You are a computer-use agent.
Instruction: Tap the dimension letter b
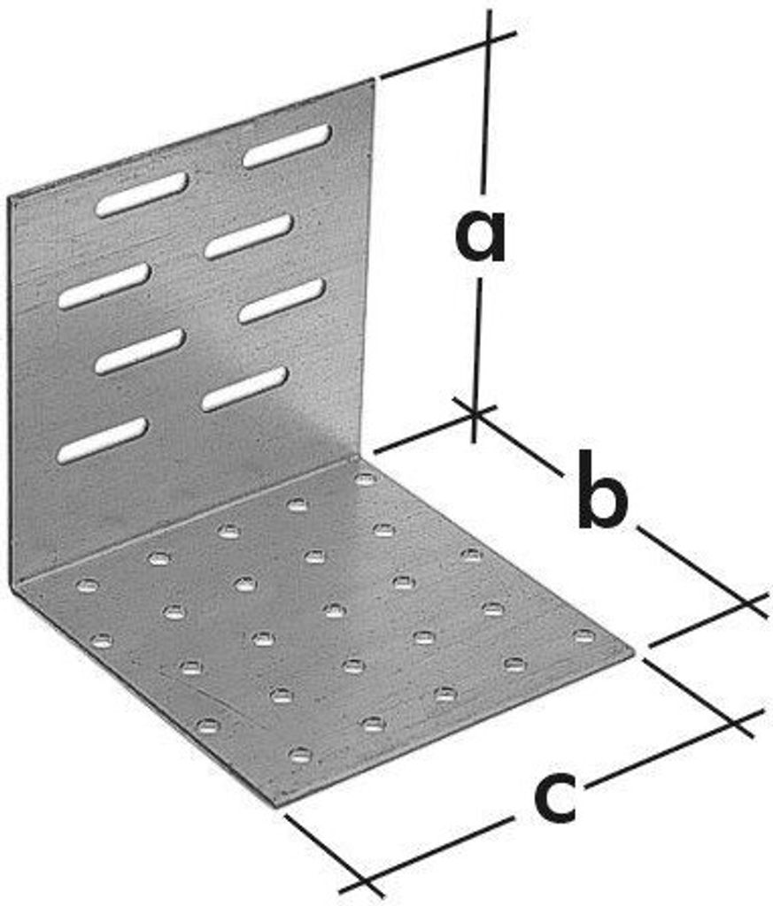[x=602, y=489]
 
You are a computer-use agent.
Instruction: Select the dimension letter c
[x=555, y=795]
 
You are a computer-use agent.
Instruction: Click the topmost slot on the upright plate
[x=288, y=146]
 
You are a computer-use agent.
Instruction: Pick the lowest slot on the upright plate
[x=103, y=441]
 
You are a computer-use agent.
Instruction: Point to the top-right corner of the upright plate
[x=375, y=79]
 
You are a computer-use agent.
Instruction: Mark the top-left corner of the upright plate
[x=9, y=197]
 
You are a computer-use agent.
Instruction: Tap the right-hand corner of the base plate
[x=634, y=654]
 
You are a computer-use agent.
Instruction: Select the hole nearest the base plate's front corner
[x=300, y=755]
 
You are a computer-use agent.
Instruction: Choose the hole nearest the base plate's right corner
[x=584, y=636]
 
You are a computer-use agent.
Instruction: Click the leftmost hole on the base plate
[x=88, y=586]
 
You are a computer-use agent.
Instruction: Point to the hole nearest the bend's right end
[x=366, y=479]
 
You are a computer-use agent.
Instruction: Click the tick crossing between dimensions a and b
[x=474, y=412]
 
